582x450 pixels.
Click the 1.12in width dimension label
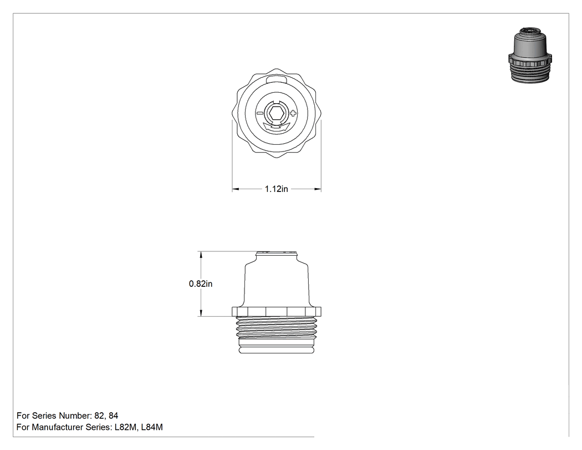(x=276, y=189)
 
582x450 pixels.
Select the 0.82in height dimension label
(x=201, y=284)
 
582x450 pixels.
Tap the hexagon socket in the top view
(x=277, y=113)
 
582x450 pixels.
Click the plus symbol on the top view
(x=293, y=113)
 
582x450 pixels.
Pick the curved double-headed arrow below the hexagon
(x=276, y=127)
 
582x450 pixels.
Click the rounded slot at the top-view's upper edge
(x=277, y=79)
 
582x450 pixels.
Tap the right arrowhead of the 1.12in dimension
(x=318, y=189)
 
